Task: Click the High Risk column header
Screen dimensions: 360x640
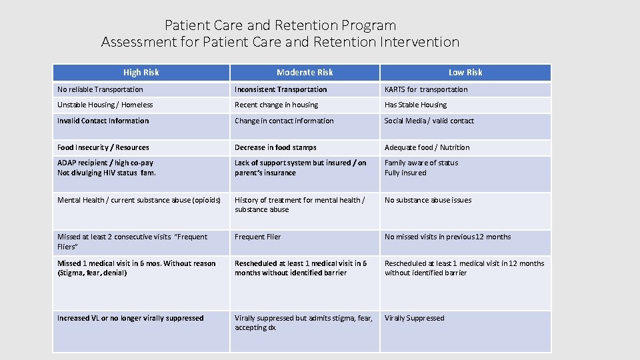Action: point(141,72)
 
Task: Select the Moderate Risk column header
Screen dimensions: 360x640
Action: point(305,72)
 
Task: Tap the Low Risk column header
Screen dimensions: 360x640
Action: point(465,72)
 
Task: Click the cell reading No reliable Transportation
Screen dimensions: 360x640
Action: point(100,89)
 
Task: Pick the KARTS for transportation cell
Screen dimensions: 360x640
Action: point(426,89)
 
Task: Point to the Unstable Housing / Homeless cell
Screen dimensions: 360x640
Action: point(105,105)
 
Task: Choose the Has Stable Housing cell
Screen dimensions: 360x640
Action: point(415,105)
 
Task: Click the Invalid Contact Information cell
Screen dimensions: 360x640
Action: point(103,121)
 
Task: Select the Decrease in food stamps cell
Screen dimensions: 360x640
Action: point(275,147)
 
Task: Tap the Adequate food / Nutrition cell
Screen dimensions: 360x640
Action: point(427,147)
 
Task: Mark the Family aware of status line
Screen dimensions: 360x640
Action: point(421,163)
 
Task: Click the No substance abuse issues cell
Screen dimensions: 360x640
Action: point(428,200)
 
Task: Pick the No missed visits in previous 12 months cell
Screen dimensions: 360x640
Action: point(447,237)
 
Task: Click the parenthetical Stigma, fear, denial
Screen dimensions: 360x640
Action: point(92,273)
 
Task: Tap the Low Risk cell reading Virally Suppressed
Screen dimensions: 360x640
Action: point(414,318)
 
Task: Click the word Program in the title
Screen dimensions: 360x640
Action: point(369,25)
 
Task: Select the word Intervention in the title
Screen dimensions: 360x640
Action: point(419,42)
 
